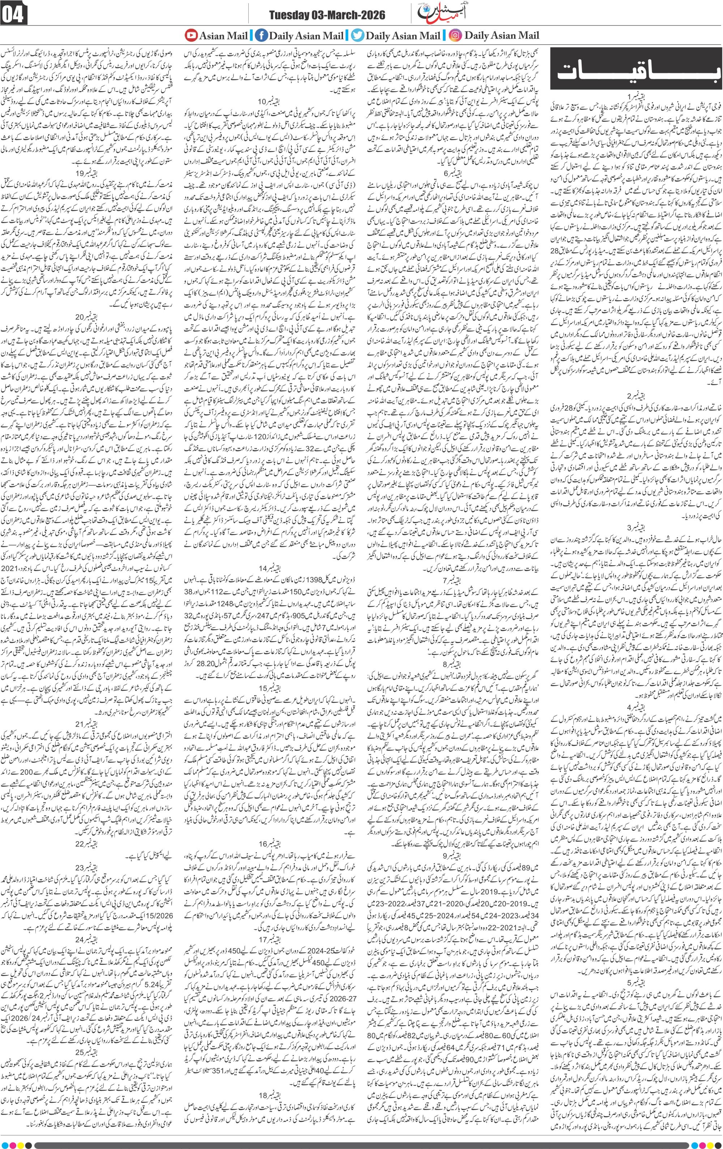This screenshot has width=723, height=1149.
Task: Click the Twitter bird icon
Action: coord(357,35)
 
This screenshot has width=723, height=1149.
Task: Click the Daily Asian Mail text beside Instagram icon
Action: coord(501,35)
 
